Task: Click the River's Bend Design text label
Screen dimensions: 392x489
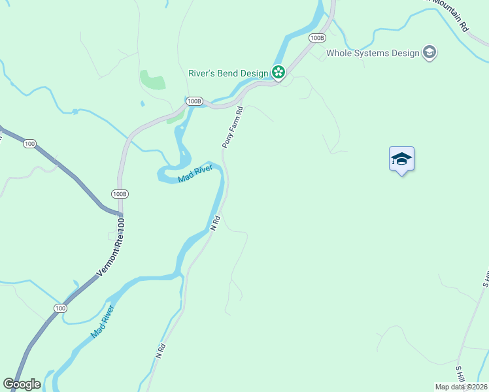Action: pyautogui.click(x=228, y=73)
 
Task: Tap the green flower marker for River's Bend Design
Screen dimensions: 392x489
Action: pyautogui.click(x=278, y=73)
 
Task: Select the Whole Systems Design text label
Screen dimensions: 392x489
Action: pyautogui.click(x=373, y=54)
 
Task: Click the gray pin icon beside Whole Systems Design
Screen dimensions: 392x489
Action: pyautogui.click(x=430, y=53)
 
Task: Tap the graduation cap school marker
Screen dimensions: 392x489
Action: pyautogui.click(x=401, y=159)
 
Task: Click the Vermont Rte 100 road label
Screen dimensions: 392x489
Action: pyautogui.click(x=111, y=250)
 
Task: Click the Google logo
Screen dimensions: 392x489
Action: pyautogui.click(x=22, y=384)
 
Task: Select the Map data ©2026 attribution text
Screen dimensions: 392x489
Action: pyautogui.click(x=462, y=387)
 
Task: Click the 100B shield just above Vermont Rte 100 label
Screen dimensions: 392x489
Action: pyautogui.click(x=119, y=194)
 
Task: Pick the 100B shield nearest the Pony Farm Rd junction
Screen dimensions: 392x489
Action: pyautogui.click(x=194, y=101)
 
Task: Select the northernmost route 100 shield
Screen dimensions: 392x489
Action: pyautogui.click(x=29, y=143)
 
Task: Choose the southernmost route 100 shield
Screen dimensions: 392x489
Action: pyautogui.click(x=60, y=308)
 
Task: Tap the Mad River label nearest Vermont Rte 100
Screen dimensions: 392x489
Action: pyautogui.click(x=102, y=321)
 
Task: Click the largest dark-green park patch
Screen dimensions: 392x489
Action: pyautogui.click(x=152, y=80)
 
